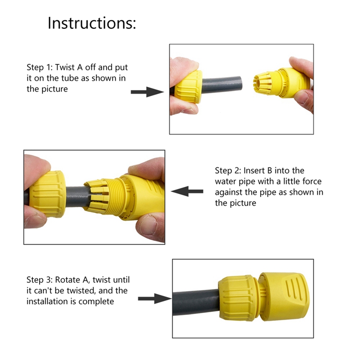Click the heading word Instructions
tap(92, 23)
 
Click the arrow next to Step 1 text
tap(147, 92)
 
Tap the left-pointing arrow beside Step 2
tap(187, 191)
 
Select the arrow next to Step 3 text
tap(155, 298)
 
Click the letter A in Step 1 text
tap(80, 67)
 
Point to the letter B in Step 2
tap(269, 171)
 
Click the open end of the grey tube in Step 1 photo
tap(239, 83)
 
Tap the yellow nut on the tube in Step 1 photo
tap(189, 86)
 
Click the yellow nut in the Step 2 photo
tap(49, 194)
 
